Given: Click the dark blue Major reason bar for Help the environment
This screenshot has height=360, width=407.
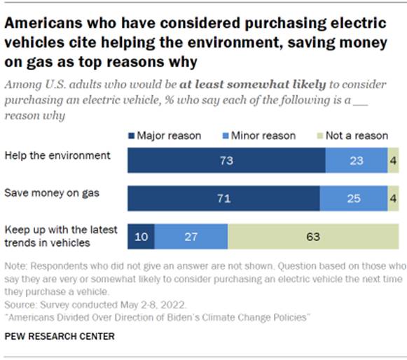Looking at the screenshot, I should [226, 160].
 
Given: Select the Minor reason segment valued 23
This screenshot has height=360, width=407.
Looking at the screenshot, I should [356, 160].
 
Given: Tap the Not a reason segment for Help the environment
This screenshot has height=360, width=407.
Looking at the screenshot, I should [394, 160].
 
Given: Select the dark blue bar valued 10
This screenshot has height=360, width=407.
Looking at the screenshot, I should [141, 237].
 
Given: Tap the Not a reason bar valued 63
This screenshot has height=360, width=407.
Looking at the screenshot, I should [313, 237].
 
